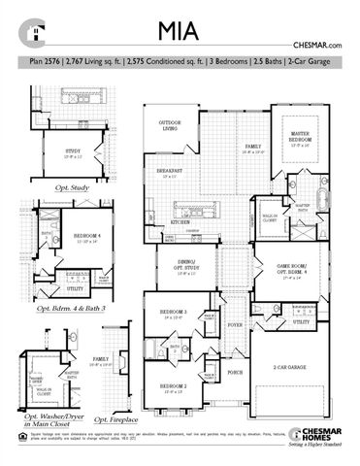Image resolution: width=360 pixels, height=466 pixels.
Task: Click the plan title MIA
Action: click(180, 30)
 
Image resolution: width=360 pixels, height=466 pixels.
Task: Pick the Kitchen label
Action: click(181, 222)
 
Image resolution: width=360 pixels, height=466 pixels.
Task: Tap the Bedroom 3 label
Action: click(174, 314)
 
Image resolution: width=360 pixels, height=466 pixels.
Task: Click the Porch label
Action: click(235, 372)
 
